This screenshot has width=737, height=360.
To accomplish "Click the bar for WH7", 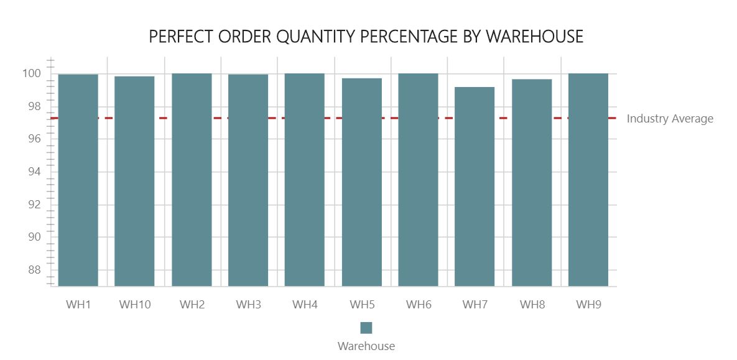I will pos(475,187).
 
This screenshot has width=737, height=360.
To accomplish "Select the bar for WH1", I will pos(78,180).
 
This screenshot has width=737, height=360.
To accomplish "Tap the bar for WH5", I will pos(361,182).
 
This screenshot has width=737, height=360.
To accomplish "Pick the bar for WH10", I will pos(134,181).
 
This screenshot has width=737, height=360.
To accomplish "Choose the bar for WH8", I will pos(532,183).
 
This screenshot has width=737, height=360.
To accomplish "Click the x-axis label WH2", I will pos(192,305).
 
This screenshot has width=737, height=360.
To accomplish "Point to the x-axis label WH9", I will pos(588,305).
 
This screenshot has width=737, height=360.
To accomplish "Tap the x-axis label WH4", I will pos(305,305).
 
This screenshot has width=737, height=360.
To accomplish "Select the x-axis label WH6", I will pos(418,305).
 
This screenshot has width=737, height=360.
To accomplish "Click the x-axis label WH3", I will pos(248,305).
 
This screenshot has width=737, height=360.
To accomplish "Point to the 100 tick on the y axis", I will pos(31,74).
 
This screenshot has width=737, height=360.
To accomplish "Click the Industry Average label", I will pos(670,119).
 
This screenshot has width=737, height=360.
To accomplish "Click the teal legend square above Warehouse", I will pos(366,328).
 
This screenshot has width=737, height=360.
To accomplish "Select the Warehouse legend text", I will pos(366,346).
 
